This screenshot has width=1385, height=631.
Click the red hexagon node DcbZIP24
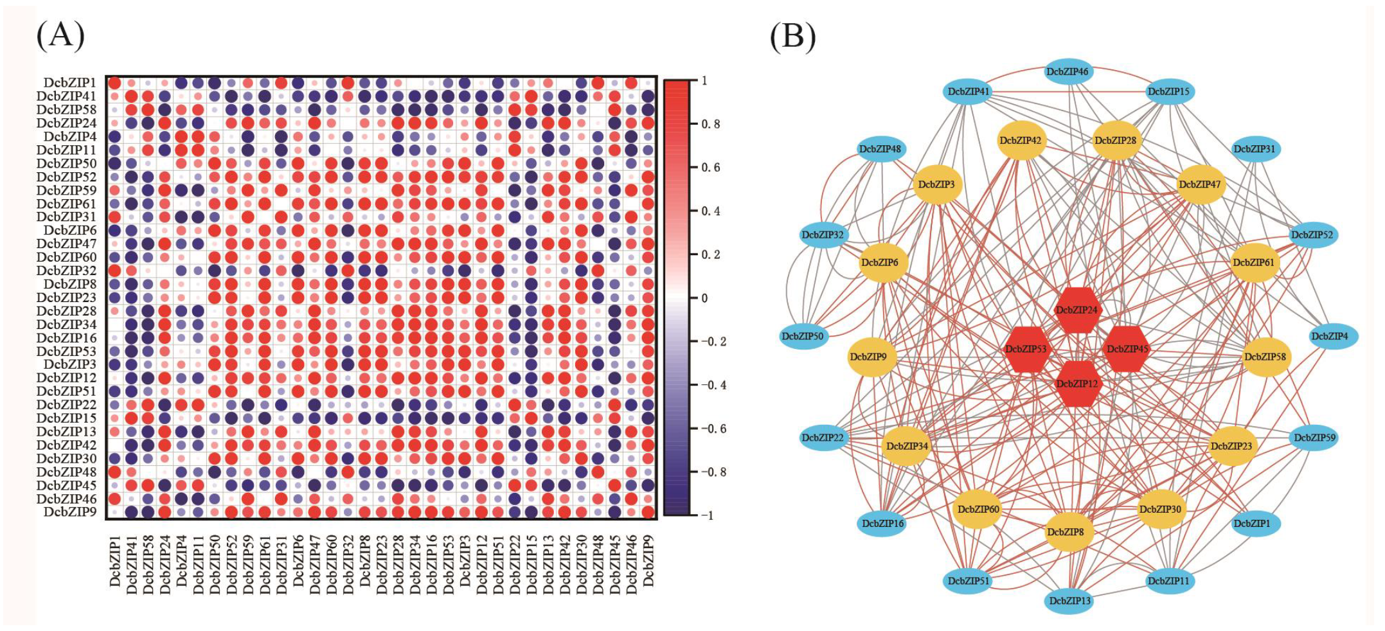point(1077,310)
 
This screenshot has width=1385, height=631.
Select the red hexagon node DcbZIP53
point(1026,349)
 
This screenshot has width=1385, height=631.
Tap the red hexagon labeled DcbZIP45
point(1127,349)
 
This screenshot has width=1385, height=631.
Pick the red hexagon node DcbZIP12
point(1077,384)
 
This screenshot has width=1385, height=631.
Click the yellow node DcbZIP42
point(1020,140)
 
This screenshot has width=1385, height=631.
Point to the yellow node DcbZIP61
point(1253,262)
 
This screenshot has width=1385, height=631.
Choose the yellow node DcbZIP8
point(1065,532)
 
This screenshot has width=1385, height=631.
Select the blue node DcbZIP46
point(1067,72)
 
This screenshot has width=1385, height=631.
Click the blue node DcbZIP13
point(1069,601)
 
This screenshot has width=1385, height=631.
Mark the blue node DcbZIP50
point(802,336)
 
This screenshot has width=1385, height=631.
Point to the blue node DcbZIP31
point(1254,149)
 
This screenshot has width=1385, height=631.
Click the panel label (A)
point(60,35)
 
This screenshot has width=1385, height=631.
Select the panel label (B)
point(792,35)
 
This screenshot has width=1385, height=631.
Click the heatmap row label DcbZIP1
point(70,83)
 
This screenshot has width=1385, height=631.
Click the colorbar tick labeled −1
point(707,515)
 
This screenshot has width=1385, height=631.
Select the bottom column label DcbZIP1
point(115,560)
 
